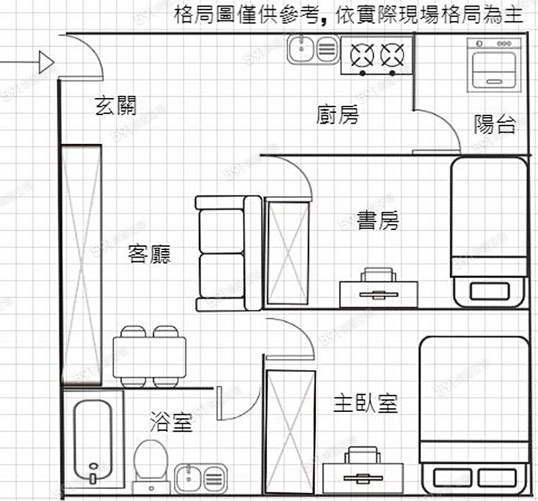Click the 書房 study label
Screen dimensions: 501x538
click(x=377, y=220)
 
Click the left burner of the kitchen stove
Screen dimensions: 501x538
click(x=362, y=55)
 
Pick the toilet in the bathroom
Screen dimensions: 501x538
click(x=149, y=462)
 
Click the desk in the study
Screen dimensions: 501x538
click(x=378, y=292)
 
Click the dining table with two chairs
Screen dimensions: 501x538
click(x=149, y=357)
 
